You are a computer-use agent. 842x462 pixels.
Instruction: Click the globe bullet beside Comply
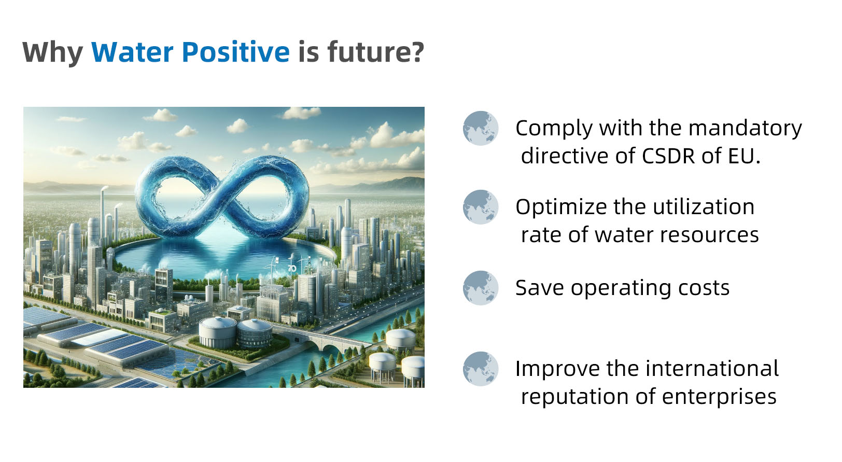[x=481, y=128]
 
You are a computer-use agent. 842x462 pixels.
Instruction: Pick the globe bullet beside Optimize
[x=481, y=207]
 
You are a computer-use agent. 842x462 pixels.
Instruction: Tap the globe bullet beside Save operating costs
[x=481, y=288]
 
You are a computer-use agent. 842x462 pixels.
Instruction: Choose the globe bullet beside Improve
[x=481, y=369]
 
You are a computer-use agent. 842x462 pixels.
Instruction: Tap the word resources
[x=709, y=235]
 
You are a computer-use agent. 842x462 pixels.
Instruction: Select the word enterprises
[x=719, y=397]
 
